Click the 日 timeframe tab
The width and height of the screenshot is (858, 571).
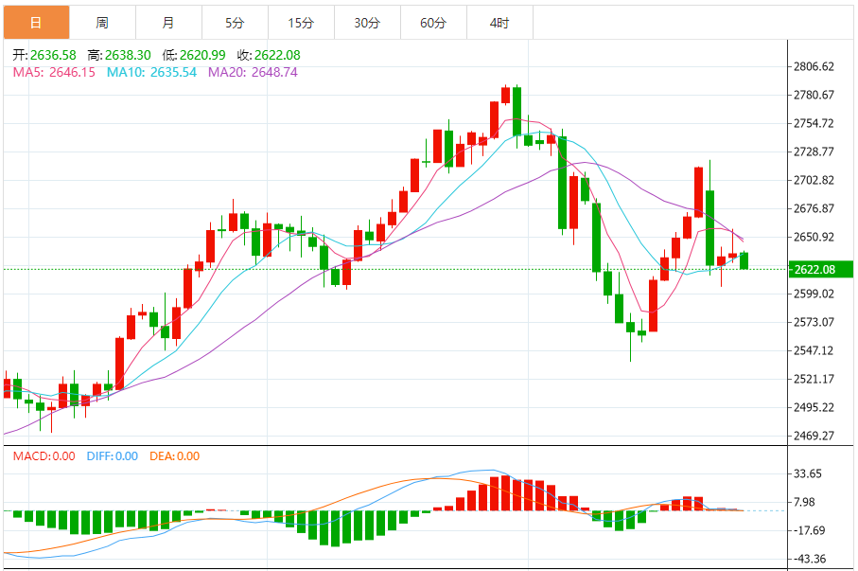pos(36,22)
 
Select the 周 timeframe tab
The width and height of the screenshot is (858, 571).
pos(102,22)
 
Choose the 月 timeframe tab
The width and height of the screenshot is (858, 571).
pos(168,22)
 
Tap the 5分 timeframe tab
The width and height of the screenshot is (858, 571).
pos(235,22)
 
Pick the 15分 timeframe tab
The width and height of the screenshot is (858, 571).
pos(301,22)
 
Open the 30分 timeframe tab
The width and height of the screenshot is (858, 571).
pos(367,22)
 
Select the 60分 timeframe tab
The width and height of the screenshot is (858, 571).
pos(433,22)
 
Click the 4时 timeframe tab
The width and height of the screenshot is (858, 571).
pos(499,22)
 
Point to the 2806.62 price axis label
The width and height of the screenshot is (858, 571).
pos(814,66)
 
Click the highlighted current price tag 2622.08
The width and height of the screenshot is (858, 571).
pos(814,270)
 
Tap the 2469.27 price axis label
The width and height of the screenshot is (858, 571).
pos(814,436)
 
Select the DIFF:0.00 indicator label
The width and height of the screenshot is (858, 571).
pos(112,456)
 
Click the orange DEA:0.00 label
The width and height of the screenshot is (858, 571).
pos(175,456)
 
